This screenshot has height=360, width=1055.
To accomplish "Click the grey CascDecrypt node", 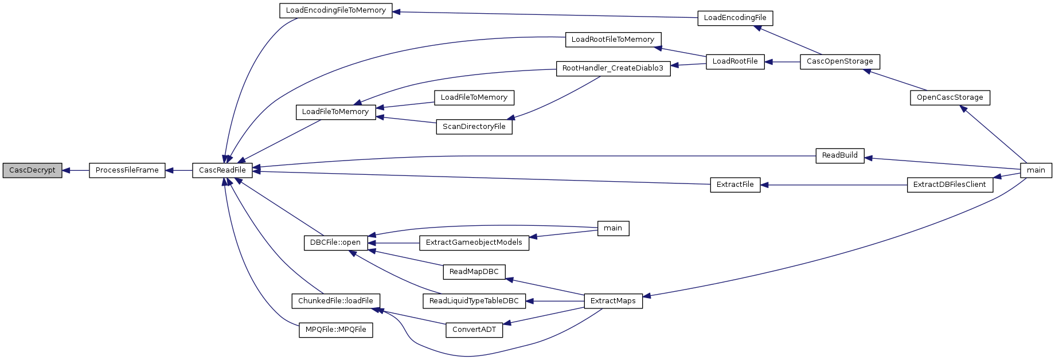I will pos(32,170).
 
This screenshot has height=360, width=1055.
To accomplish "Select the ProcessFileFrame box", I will pos(127,170).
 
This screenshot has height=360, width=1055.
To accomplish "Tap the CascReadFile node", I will pos(222,170).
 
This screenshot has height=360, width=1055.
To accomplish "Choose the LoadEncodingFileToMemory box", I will pos(336,10).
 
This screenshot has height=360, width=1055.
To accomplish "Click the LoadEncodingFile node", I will pos(735,18).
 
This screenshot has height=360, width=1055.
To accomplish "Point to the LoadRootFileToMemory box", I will pos(613,40).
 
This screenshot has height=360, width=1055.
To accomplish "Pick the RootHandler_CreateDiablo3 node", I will pos(613,68).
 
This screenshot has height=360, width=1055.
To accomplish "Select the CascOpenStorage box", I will pos(839,61).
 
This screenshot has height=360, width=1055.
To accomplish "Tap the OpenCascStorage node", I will pos(950,97).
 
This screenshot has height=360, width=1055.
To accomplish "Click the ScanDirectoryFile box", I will pos(474,127).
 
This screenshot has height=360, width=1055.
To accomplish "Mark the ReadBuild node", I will pos(839,155).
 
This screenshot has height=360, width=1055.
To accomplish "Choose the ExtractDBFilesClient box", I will pos(950,185).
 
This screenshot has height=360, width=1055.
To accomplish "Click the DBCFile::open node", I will pos(335,242).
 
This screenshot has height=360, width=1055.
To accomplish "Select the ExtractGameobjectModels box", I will pos(474,242).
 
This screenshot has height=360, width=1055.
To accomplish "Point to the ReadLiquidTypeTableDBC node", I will pos(474,301).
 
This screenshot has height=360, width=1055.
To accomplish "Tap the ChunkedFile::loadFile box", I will pos(335,301).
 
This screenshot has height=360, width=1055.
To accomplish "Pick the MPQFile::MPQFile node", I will pos(335,330).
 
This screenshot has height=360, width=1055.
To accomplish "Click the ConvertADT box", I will pos(474,330).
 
